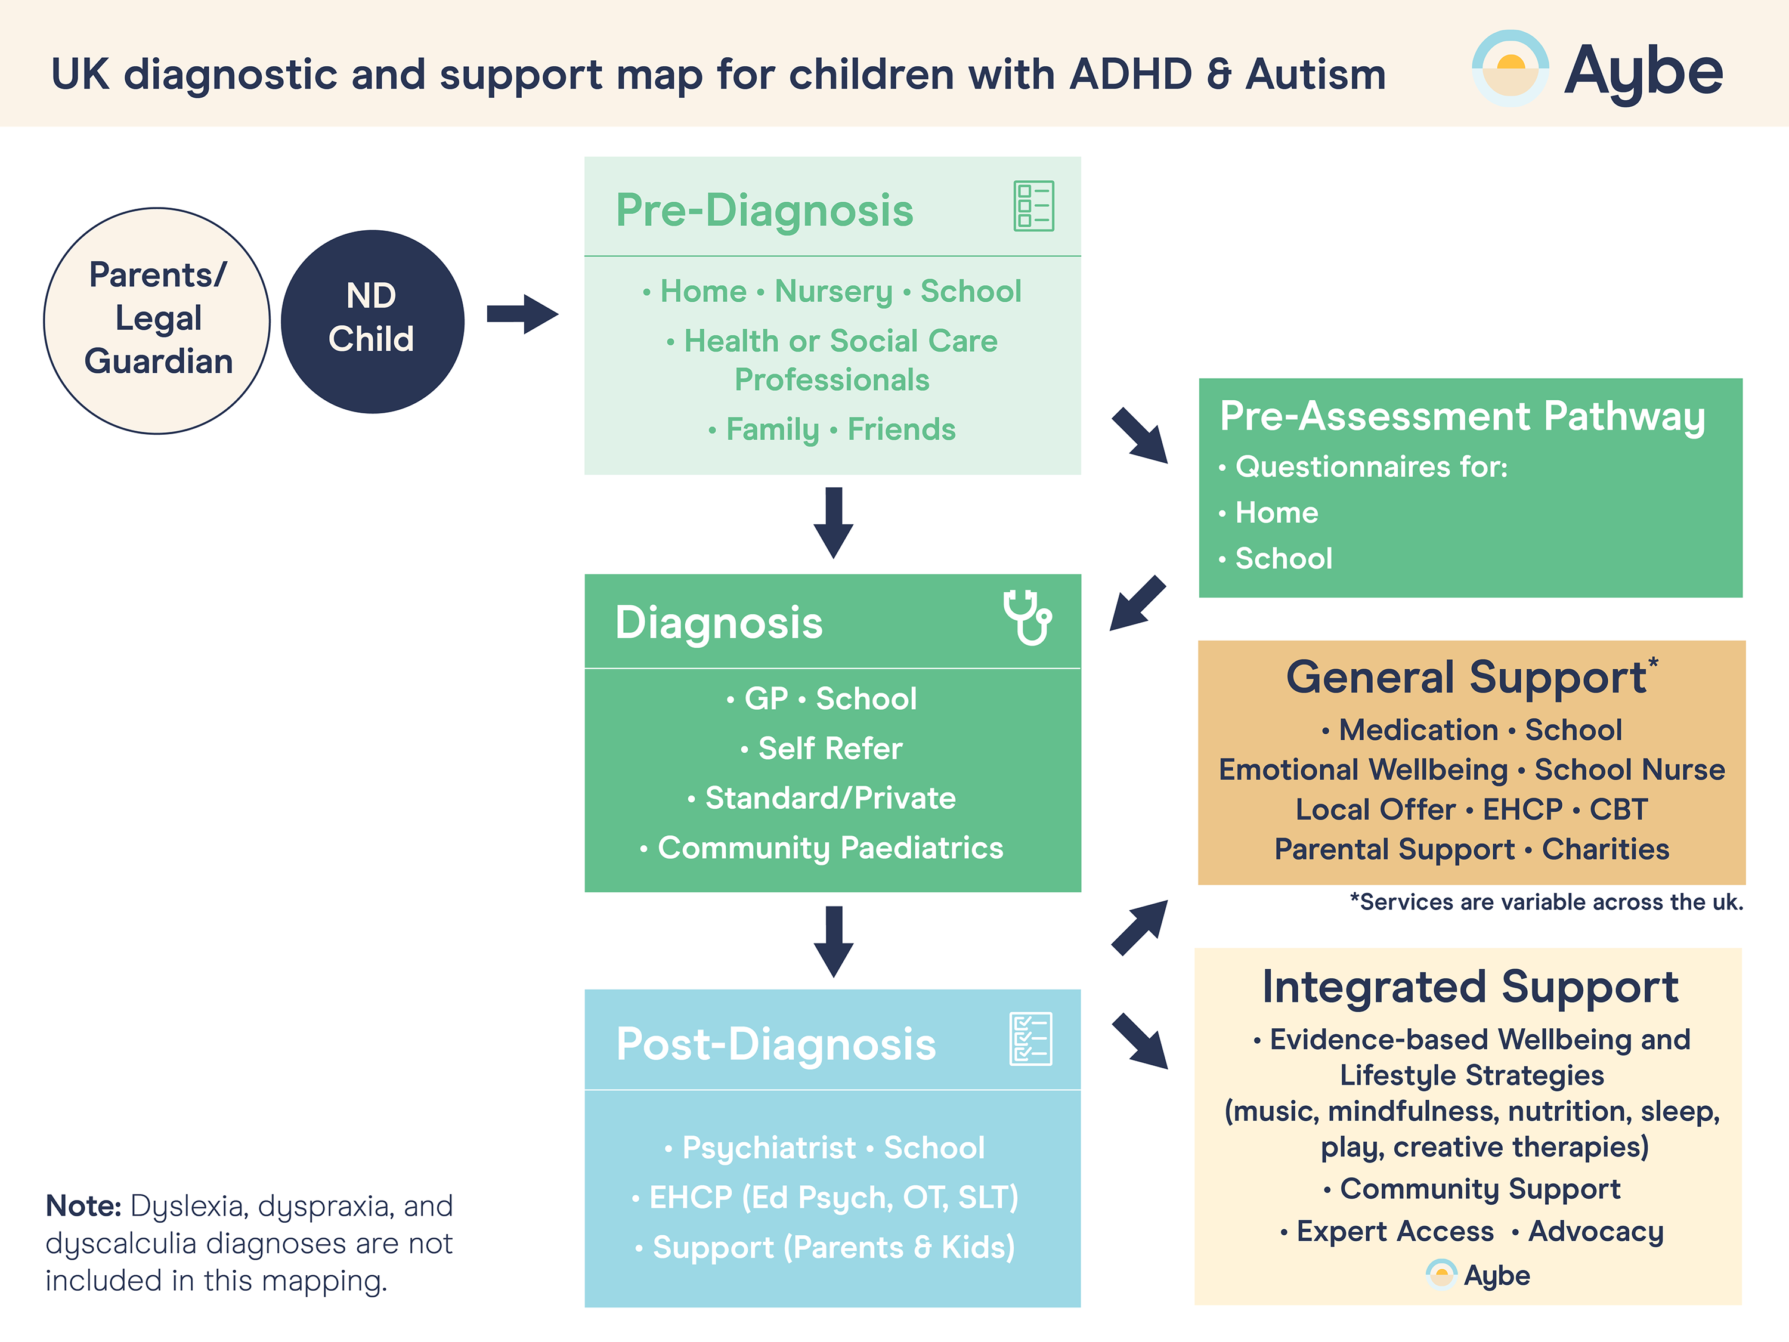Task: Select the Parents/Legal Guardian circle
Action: point(157,320)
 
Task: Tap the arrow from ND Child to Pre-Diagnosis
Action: point(522,314)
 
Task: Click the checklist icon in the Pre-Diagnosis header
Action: point(1033,206)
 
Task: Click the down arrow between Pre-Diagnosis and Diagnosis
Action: point(833,522)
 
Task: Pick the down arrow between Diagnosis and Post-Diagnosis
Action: point(833,941)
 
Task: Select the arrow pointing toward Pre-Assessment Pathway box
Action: point(1139,435)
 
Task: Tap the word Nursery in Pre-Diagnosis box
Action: point(833,291)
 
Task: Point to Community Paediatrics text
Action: point(830,848)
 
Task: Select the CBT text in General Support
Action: point(1617,809)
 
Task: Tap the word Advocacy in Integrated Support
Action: point(1595,1231)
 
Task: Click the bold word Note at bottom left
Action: point(83,1205)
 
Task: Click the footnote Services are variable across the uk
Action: point(1546,902)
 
